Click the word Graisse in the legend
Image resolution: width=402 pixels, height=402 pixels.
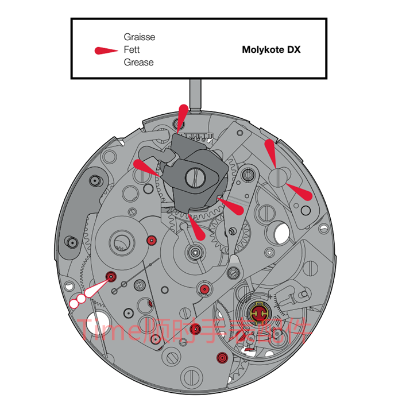139,37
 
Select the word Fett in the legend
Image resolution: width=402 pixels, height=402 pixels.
132,50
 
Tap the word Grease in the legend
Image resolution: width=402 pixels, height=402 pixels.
138,63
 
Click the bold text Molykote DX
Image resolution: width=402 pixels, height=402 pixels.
271,50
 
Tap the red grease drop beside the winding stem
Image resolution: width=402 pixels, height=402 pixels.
182,117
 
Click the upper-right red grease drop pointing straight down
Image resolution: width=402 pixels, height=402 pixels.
270,152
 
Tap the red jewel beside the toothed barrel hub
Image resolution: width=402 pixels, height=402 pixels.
151,240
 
